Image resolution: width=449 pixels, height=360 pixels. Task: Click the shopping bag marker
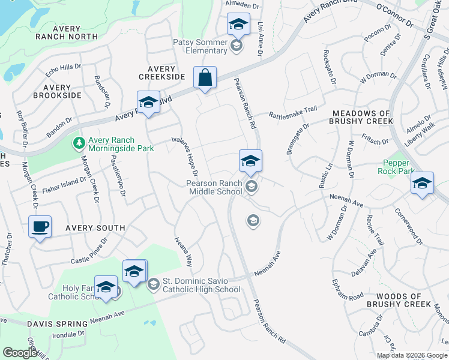click(x=205, y=78)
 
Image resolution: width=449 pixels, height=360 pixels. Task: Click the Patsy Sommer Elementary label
click(x=200, y=46)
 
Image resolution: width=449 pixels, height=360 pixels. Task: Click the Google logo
click(x=20, y=353)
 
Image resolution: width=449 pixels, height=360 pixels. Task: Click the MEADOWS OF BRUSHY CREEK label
click(x=360, y=117)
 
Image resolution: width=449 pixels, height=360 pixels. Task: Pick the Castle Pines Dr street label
click(x=89, y=251)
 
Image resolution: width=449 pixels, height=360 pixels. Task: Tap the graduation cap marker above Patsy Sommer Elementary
click(x=238, y=25)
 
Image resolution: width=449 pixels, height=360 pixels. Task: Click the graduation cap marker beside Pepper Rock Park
click(x=422, y=184)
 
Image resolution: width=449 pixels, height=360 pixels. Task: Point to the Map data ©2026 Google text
click(x=412, y=355)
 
